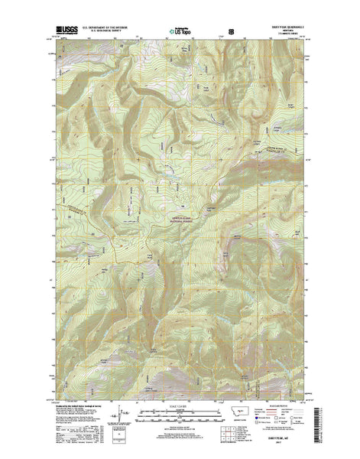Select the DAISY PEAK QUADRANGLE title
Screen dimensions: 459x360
click(288, 30)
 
